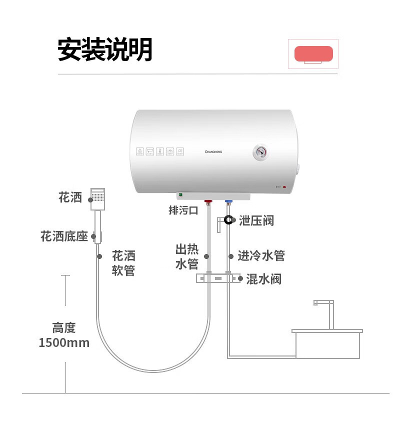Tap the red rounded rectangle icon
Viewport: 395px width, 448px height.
313,53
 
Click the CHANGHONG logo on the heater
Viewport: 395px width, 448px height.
216,150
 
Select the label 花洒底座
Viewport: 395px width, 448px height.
64,236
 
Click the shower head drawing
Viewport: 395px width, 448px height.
98,198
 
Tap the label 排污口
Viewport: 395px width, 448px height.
183,210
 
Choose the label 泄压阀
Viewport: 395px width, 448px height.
256,220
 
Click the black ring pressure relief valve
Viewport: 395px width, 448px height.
228,219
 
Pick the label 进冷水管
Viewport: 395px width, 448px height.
261,256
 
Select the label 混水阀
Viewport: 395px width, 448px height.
263,279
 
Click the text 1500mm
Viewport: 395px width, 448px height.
64,343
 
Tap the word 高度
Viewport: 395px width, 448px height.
64,328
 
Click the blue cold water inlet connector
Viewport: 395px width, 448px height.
228,203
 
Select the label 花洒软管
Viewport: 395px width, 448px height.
123,263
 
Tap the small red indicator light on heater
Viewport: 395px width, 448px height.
284,188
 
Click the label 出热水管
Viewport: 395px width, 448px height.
187,256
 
